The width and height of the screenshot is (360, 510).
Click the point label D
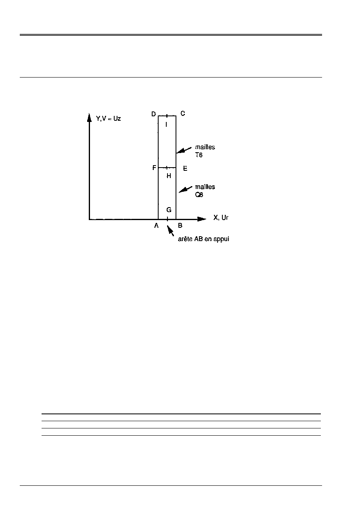154,114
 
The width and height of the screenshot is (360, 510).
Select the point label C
183,114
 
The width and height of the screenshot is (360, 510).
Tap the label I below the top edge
167,124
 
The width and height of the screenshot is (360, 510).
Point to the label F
154,168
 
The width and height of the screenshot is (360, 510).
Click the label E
185,168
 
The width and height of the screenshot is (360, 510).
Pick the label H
169,176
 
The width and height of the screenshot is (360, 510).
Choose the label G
169,210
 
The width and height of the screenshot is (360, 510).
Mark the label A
157,226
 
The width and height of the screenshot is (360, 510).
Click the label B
180,226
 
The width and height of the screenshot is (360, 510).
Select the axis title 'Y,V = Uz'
108,118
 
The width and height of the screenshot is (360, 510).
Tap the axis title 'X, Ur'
221,218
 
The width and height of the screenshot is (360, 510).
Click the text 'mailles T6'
205,151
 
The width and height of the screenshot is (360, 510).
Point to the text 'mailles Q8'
205,191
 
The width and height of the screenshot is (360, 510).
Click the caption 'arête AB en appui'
203,239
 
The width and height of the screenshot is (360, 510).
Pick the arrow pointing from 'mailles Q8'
185,189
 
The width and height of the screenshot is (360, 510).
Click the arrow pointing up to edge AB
171,231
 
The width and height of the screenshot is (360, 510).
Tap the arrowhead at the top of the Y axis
89,118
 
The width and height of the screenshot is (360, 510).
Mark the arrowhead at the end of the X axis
202,219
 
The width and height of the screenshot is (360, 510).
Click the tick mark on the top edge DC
167,116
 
